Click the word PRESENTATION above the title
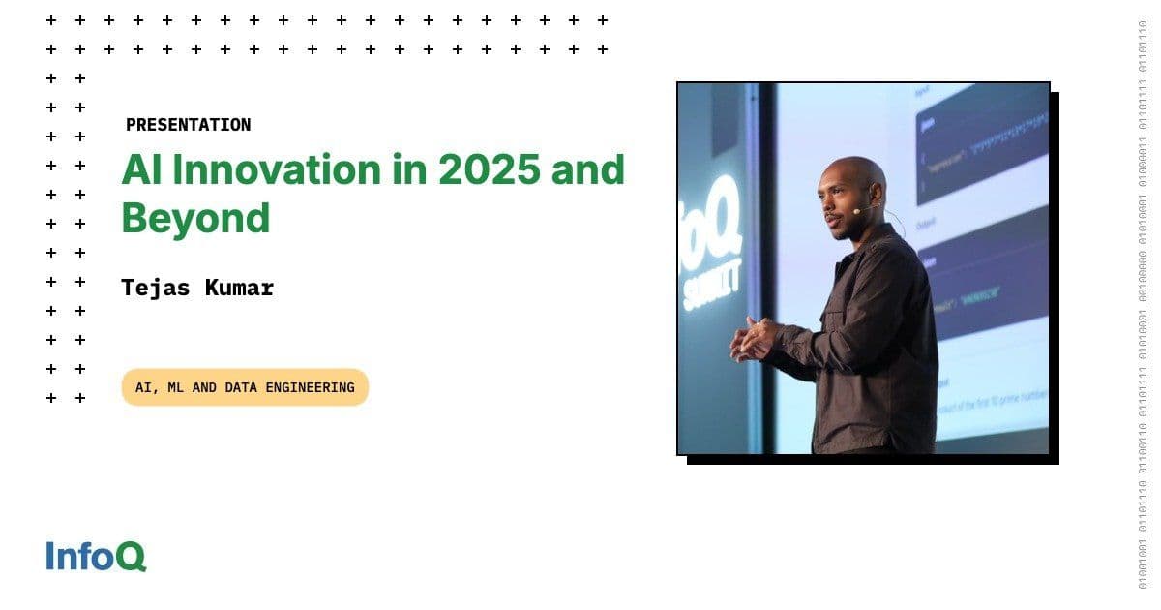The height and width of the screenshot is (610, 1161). [x=188, y=125]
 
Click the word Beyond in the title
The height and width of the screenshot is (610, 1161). [x=195, y=219]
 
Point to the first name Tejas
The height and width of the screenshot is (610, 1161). [x=154, y=288]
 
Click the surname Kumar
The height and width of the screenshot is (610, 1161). [x=239, y=288]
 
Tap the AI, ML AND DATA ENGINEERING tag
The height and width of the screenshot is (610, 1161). [x=245, y=387]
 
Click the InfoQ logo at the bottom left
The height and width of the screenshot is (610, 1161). [x=96, y=557]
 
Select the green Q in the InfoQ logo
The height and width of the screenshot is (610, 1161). [x=133, y=558]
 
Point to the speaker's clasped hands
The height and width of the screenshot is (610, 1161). [x=753, y=338]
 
